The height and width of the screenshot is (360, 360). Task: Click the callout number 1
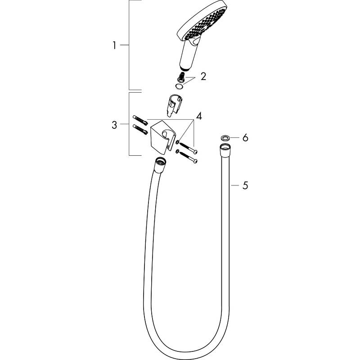[114, 45]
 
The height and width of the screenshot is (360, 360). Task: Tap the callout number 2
[203, 76]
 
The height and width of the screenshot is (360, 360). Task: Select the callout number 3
[114, 125]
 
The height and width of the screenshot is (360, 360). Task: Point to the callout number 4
[199, 116]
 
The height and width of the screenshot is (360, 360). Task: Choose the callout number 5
[245, 185]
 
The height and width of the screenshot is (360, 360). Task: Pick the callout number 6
[245, 138]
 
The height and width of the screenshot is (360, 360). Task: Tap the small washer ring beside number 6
[225, 138]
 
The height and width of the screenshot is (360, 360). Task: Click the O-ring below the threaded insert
[179, 87]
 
